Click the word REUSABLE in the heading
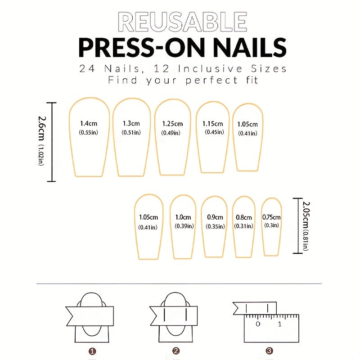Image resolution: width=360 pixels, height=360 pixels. (x=182, y=22)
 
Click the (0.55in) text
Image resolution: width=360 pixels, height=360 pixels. (x=89, y=132)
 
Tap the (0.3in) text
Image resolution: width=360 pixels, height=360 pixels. (x=271, y=225)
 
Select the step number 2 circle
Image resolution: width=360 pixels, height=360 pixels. (x=176, y=351)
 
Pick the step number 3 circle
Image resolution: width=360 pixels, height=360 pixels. (x=269, y=351)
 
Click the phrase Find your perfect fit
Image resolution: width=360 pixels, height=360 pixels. (x=182, y=81)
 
